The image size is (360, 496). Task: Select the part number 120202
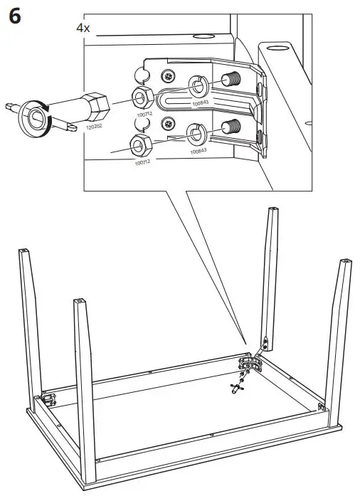(x=94, y=127)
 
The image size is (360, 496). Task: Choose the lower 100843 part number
(x=199, y=151)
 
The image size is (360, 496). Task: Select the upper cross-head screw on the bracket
(x=169, y=75)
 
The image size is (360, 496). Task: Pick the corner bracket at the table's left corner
(x=48, y=400)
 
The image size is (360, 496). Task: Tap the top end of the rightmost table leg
(x=345, y=263)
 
